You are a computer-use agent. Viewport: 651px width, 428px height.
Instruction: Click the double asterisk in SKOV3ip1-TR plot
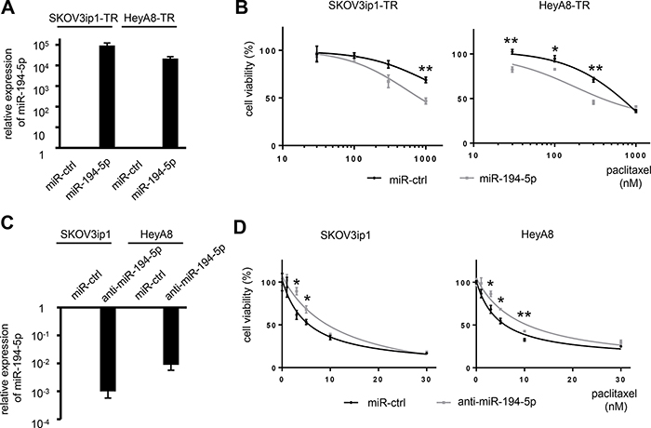[x=426, y=69]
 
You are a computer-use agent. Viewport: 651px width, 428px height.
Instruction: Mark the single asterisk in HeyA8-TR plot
[x=554, y=49]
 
